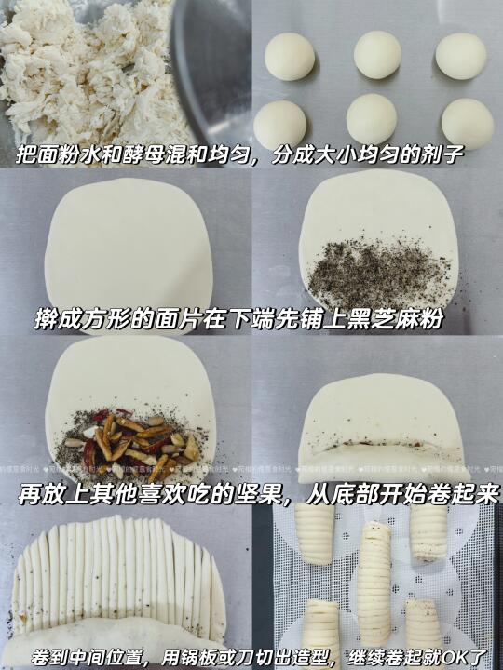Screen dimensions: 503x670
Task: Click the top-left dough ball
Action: point(290,57)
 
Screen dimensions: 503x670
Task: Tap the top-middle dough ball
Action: point(377,55)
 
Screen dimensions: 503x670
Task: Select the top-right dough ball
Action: point(461,56)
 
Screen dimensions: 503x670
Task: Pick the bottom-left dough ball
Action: point(280,125)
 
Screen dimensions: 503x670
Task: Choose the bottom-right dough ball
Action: point(468,124)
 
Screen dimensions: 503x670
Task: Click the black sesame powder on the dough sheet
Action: point(376,274)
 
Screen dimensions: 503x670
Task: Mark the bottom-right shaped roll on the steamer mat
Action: point(423,623)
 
